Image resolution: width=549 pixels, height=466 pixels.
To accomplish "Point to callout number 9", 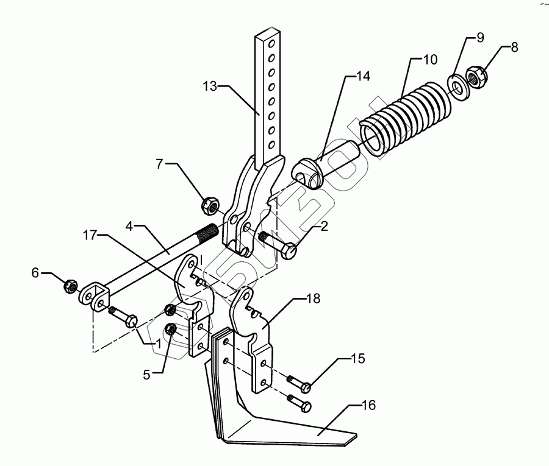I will tap(480, 38).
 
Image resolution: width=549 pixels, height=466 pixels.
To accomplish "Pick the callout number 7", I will tap(160, 164).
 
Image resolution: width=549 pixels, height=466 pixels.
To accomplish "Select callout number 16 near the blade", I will tap(368, 405).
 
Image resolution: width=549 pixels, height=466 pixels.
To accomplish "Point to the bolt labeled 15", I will tap(299, 384).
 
